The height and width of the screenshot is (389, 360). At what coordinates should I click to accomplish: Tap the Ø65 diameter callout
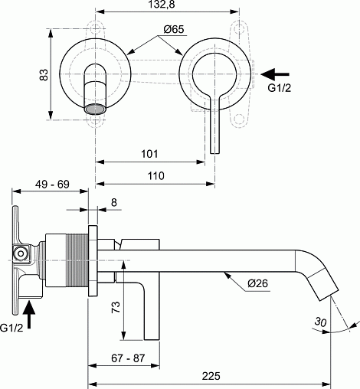[x=174, y=29]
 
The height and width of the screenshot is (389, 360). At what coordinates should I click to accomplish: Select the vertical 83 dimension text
[x=44, y=75]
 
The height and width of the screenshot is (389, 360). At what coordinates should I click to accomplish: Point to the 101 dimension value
[x=149, y=154]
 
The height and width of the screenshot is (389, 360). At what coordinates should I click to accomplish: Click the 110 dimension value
[x=156, y=176]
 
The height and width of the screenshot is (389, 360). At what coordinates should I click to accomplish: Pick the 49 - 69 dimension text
[x=52, y=184]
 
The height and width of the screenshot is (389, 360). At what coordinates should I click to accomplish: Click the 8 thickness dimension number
[x=114, y=202]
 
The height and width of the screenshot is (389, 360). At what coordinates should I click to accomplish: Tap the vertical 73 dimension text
[x=116, y=307]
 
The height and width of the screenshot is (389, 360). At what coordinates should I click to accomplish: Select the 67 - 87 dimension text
[x=128, y=358]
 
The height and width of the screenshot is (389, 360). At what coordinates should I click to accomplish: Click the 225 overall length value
[x=211, y=376]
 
